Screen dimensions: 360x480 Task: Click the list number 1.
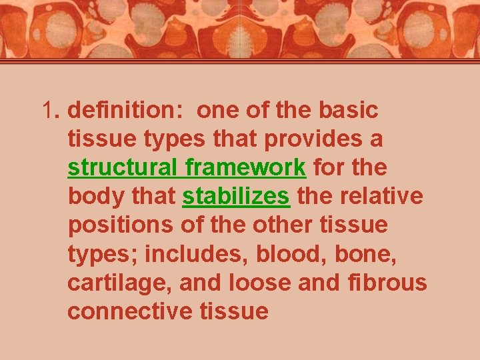tap(50, 110)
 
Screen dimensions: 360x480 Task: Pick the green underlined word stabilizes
tap(236, 197)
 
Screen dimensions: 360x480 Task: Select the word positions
tap(120, 225)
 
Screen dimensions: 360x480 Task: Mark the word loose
tap(260, 283)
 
